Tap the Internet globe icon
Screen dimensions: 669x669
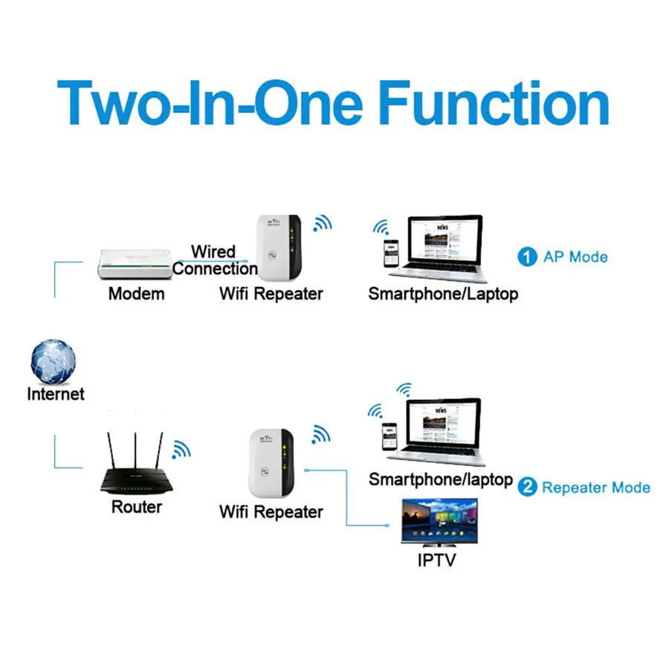(54, 361)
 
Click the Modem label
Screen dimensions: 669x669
(136, 294)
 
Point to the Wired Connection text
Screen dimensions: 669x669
(214, 260)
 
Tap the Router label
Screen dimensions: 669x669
(136, 507)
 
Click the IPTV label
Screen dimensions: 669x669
(436, 559)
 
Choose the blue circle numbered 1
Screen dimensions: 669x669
(527, 257)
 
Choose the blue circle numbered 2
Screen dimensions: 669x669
(527, 488)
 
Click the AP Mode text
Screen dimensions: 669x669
(575, 257)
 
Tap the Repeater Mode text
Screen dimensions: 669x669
(596, 488)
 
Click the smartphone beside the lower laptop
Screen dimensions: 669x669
(388, 438)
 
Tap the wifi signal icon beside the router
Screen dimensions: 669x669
(181, 449)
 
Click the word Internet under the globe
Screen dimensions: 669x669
(56, 394)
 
